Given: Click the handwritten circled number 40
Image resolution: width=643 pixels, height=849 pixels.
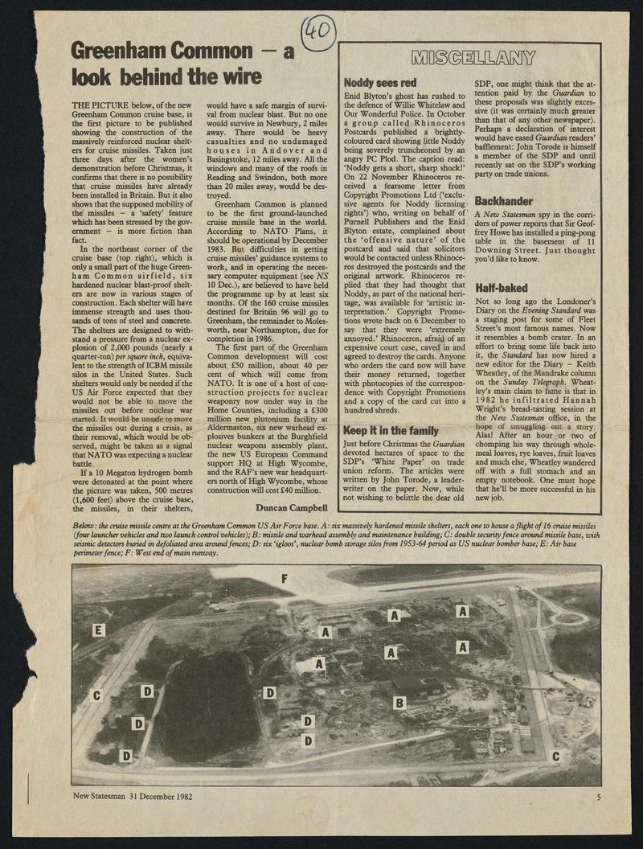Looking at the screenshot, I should click(x=320, y=31).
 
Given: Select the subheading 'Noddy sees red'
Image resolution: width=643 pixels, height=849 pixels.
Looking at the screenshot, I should click(x=380, y=82).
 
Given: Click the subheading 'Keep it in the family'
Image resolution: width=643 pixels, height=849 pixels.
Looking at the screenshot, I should click(x=391, y=430).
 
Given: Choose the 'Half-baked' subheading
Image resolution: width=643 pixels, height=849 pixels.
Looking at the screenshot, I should click(x=502, y=286).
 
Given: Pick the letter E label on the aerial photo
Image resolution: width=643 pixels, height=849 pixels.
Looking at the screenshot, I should click(x=99, y=630).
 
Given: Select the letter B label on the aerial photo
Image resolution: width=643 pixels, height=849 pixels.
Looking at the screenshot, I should click(x=400, y=703).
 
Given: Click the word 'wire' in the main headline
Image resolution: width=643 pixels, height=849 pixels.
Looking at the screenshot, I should click(x=239, y=77).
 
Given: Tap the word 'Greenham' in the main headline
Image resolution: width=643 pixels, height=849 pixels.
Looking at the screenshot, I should click(x=120, y=51).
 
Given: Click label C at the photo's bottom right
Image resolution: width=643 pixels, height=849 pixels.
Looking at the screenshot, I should click(x=555, y=757).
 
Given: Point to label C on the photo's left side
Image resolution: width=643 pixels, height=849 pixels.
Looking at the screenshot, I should click(x=98, y=695).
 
